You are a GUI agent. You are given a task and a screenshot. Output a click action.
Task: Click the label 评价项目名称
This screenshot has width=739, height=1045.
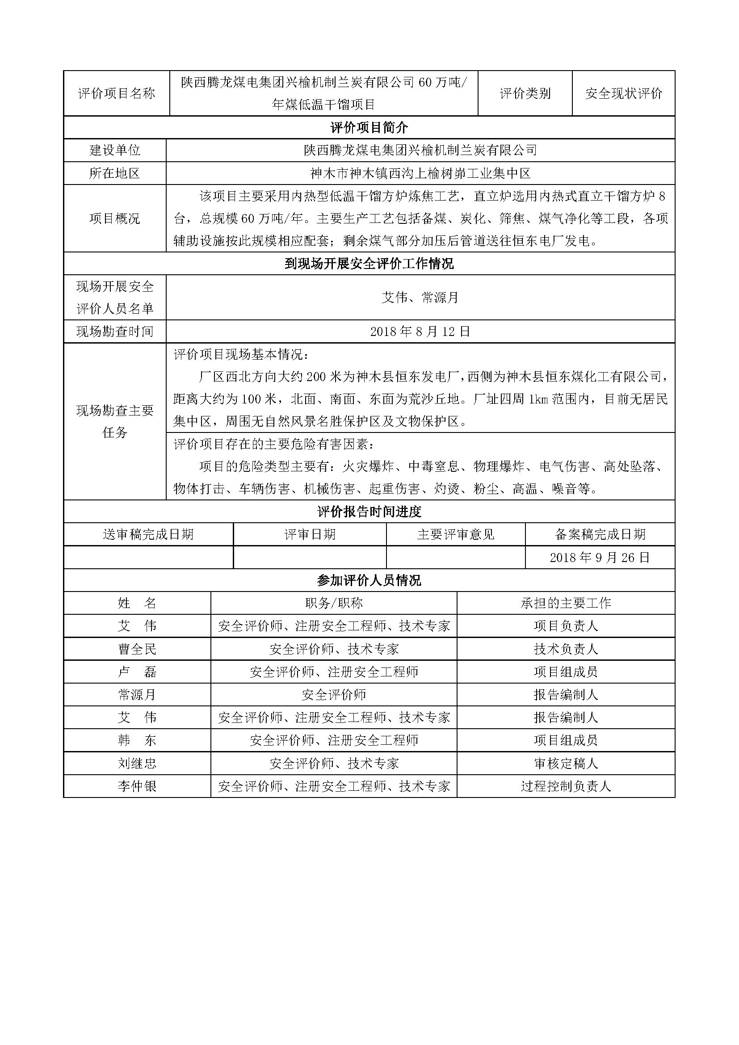[x=117, y=94]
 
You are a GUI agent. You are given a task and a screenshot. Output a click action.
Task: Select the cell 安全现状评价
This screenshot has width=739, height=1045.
[x=623, y=94]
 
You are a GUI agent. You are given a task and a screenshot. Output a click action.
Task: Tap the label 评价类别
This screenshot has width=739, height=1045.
[x=525, y=94]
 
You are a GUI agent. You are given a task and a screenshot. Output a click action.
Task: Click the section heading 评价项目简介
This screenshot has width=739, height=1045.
[x=369, y=127]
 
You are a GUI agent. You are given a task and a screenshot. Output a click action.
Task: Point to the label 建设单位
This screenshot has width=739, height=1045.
[x=115, y=150]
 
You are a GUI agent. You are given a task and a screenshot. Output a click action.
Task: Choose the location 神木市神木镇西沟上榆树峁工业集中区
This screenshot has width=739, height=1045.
[x=420, y=173]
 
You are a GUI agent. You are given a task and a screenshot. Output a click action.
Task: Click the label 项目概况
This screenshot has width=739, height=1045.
[x=115, y=218]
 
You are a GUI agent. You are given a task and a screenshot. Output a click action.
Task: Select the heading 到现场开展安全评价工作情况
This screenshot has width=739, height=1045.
[x=369, y=264]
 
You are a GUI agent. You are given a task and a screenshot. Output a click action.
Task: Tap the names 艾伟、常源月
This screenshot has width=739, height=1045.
[x=420, y=298]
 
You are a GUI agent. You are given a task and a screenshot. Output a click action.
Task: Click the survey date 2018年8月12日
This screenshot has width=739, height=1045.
[x=420, y=332]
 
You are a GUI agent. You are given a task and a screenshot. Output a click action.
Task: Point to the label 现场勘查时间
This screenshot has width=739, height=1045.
[x=115, y=332]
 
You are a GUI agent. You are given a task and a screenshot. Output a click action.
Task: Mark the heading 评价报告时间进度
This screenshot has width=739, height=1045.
[x=369, y=512]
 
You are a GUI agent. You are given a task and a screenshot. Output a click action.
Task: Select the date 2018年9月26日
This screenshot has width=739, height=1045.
[x=600, y=558]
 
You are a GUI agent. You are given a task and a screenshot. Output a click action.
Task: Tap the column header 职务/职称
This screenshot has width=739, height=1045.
[x=334, y=604]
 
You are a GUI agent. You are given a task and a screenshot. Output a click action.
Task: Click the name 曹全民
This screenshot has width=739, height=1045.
[x=137, y=649]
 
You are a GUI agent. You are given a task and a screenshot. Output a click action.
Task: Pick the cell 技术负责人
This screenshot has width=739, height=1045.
[x=566, y=649]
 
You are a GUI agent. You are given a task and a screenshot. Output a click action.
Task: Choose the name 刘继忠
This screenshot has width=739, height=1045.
[x=137, y=763]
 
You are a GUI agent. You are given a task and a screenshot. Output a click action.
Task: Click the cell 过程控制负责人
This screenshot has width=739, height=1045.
[x=566, y=786]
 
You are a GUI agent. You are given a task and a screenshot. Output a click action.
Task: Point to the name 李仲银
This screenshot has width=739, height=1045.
[x=137, y=786]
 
